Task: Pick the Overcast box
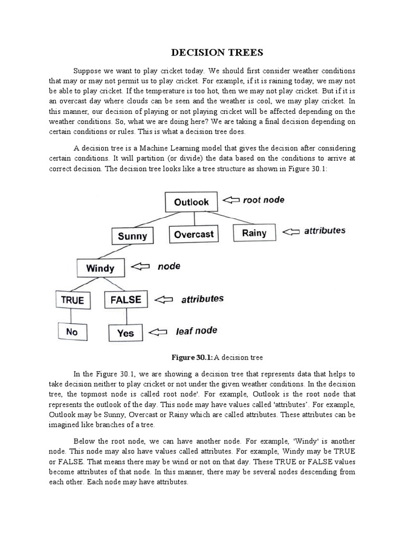pos(194,234)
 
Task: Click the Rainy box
pos(254,233)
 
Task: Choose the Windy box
pos(100,268)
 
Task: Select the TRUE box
pos(72,300)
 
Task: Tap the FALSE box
pos(126,300)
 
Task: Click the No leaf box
pos(72,332)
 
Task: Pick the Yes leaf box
pos(126,333)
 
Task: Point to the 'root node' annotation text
pos(264,199)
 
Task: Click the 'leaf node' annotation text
pos(196,331)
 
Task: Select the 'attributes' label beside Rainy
pos(325,230)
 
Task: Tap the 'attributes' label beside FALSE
pos(202,299)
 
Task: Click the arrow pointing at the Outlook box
pos(230,200)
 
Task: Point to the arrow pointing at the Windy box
pos(140,267)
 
